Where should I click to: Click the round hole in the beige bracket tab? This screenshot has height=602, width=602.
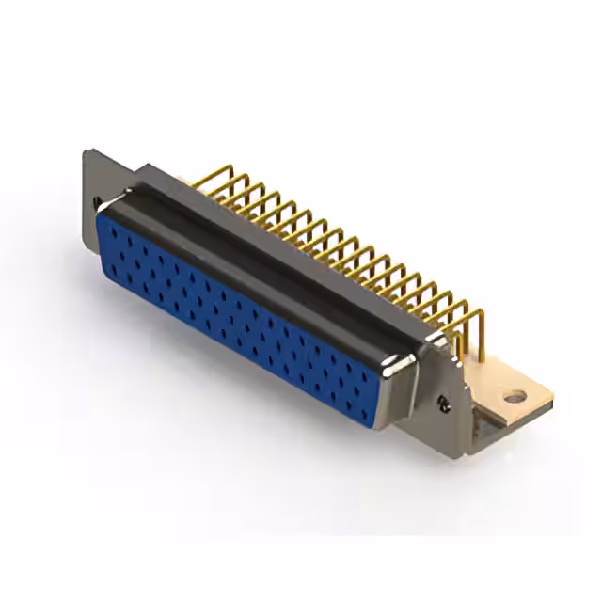(514, 397)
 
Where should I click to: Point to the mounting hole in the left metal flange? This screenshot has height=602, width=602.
(96, 199)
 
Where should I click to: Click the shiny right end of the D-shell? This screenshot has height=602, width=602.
(406, 376)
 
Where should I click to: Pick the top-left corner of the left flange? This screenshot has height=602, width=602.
(87, 152)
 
